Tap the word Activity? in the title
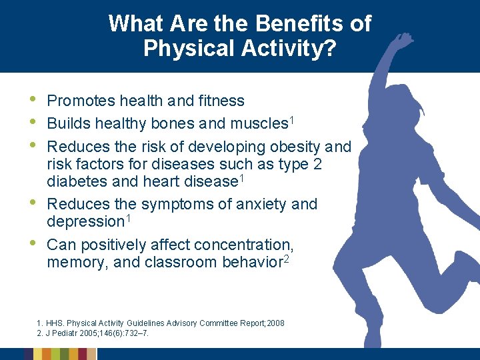289,48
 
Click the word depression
85,222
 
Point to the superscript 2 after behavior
286,259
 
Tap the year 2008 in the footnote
275,323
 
